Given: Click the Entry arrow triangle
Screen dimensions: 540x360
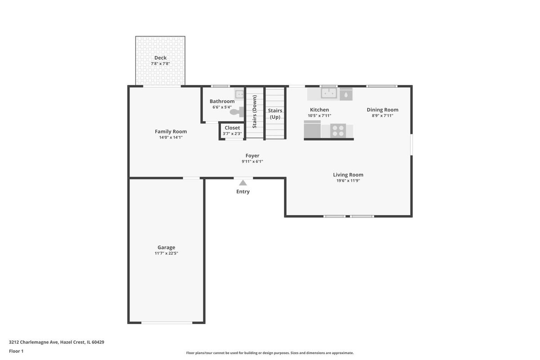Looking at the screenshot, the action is (x=243, y=183).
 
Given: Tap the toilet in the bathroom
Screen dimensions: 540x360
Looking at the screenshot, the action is (x=237, y=112).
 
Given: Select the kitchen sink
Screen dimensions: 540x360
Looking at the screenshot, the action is (x=329, y=93).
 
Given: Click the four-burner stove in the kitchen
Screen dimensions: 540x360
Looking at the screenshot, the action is (x=338, y=130).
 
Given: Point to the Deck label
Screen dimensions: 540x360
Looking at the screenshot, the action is (x=160, y=58).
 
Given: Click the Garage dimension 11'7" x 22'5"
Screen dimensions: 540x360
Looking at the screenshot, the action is (x=166, y=253).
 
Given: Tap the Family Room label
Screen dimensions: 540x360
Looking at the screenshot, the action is (x=171, y=132).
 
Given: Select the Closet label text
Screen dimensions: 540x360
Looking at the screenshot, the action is (x=232, y=128).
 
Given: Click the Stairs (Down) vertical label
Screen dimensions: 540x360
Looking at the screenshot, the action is (x=255, y=112).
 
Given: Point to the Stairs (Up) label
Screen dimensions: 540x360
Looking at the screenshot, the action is (x=275, y=114).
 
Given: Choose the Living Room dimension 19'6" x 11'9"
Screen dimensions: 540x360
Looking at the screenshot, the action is (x=348, y=180).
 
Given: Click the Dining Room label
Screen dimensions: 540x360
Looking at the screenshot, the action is (x=382, y=110).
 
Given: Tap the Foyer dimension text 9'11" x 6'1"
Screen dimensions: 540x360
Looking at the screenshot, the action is (x=252, y=161).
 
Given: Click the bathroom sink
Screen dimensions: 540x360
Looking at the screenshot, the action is (x=239, y=94).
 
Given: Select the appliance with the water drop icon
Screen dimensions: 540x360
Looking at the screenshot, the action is (x=346, y=94).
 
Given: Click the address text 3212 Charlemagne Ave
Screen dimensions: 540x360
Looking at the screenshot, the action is (x=33, y=342).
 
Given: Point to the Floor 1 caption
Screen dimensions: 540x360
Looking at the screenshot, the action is (x=16, y=351).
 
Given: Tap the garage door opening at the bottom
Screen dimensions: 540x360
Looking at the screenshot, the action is (x=167, y=322).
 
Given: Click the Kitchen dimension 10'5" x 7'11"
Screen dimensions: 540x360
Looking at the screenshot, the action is (x=319, y=116).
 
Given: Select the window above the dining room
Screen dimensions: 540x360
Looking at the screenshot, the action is (x=382, y=86).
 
